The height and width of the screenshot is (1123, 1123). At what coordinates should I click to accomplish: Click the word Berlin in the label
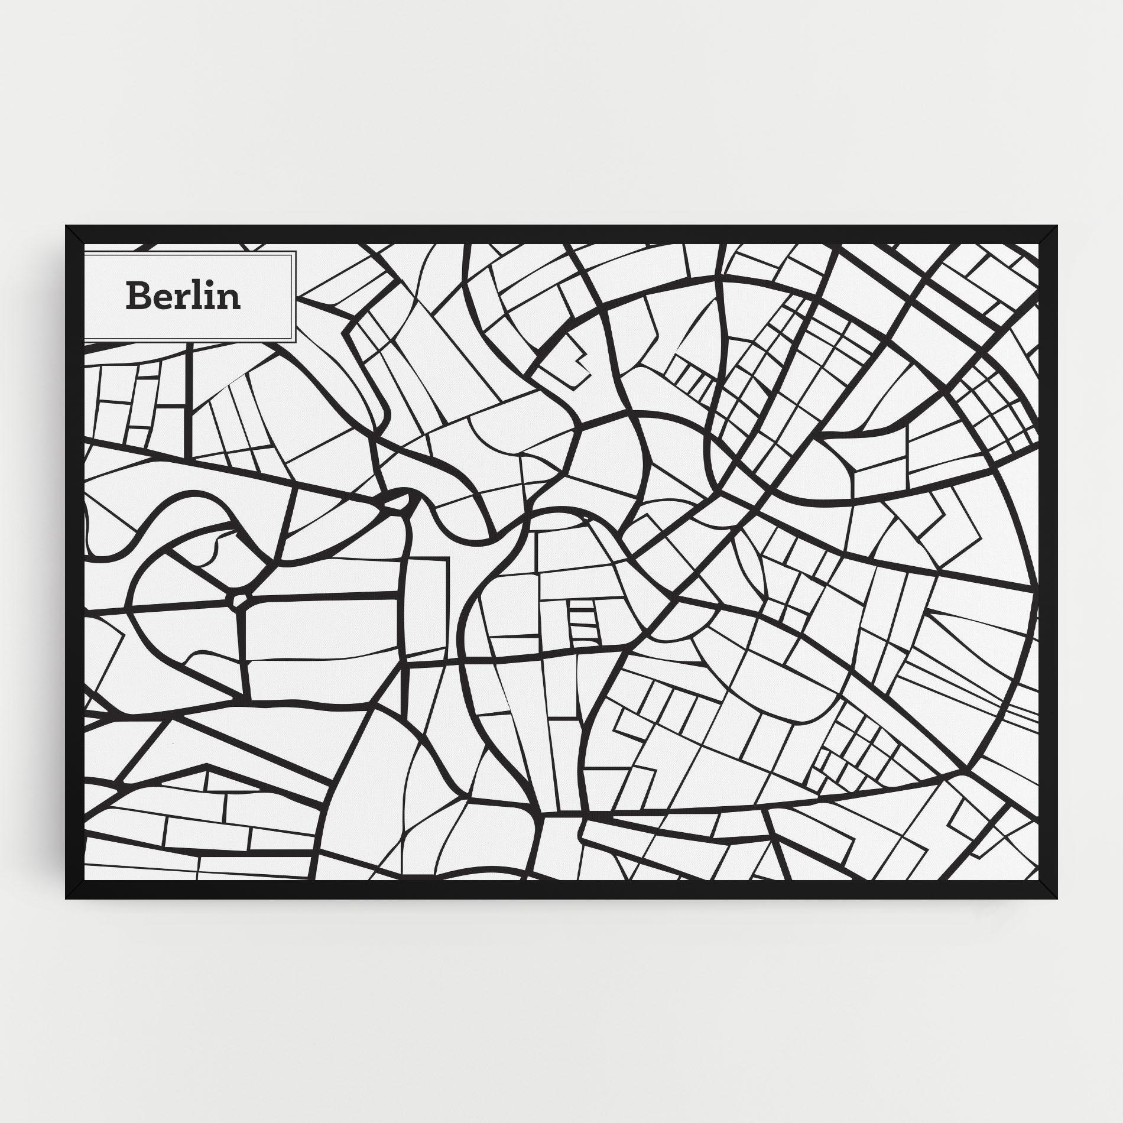[x=183, y=296]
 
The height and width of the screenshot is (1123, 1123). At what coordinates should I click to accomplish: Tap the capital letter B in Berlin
[x=137, y=296]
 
